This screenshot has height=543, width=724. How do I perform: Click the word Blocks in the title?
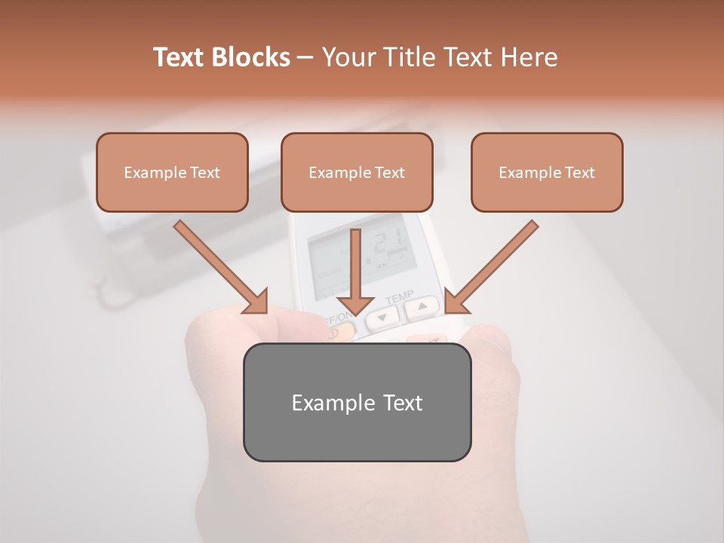[252, 57]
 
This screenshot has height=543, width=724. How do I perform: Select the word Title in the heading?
[411, 57]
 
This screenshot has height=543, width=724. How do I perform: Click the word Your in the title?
[349, 57]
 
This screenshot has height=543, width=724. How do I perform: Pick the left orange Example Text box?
[172, 173]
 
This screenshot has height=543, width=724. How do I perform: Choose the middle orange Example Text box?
[357, 173]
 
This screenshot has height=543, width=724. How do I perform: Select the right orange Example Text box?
[547, 173]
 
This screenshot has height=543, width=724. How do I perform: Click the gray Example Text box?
[357, 402]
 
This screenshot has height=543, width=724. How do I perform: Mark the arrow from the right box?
[490, 267]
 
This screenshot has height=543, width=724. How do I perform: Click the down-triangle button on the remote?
[383, 318]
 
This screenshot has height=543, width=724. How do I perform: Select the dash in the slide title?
[305, 57]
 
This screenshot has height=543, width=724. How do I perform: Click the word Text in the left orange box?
[204, 173]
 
